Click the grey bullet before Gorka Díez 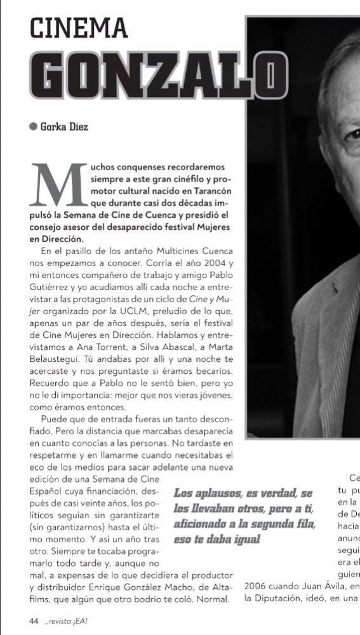[x=34, y=126]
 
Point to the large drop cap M [x=58, y=184]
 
